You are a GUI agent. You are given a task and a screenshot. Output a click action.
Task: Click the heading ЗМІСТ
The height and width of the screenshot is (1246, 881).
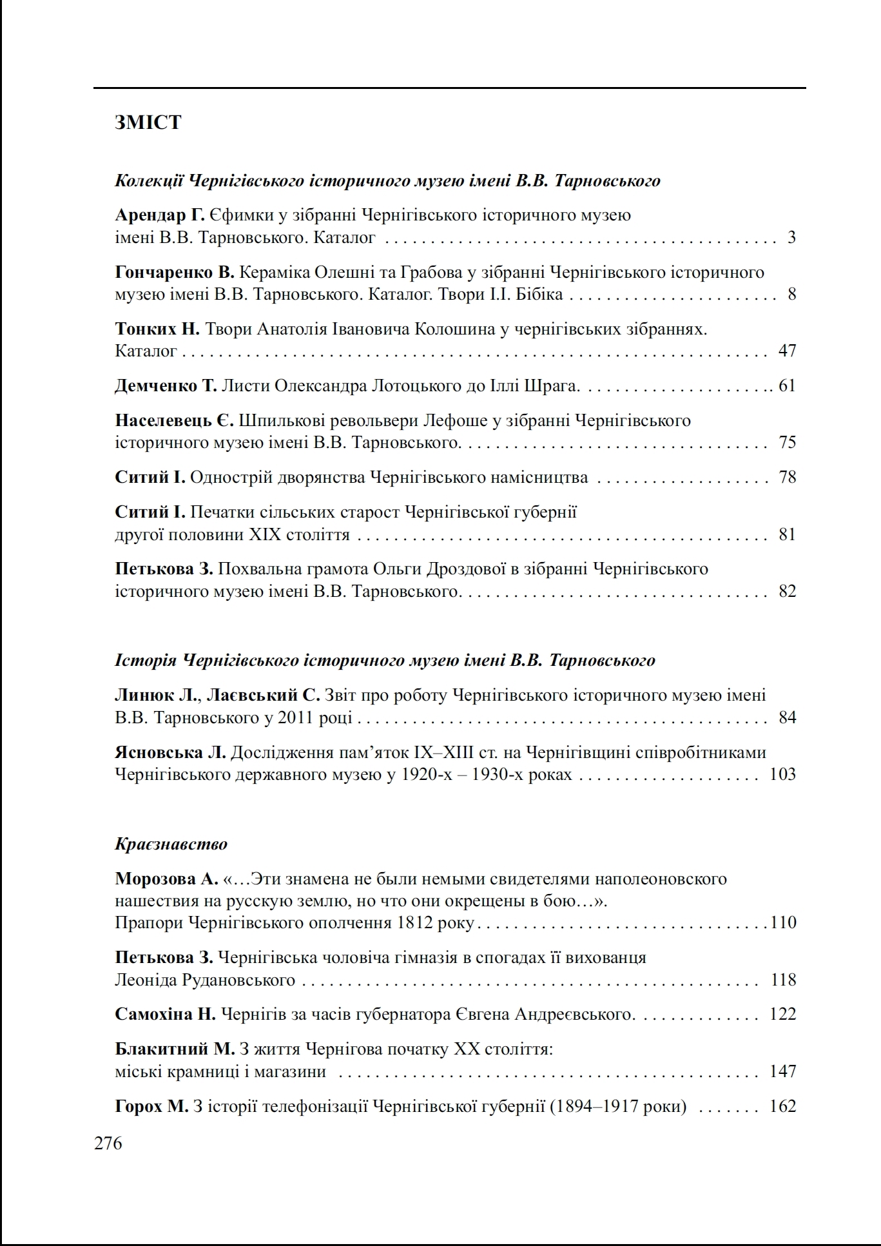(x=148, y=122)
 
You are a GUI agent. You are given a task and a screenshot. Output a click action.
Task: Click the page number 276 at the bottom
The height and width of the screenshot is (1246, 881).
(x=108, y=1144)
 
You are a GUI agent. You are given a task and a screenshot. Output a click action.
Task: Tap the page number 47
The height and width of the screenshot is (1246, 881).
(x=788, y=351)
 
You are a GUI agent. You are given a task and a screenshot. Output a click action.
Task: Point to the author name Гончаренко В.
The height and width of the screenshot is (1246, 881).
(x=175, y=273)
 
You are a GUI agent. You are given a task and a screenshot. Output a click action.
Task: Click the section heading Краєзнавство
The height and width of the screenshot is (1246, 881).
(x=171, y=844)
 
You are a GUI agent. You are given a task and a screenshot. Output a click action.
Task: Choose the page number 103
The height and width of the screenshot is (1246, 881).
(x=783, y=774)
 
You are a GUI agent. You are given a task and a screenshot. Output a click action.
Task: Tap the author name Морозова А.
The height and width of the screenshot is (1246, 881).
(x=166, y=879)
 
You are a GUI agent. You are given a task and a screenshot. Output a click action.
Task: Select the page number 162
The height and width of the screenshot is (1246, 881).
(x=783, y=1107)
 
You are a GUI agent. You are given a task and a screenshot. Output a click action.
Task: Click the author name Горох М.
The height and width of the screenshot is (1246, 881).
(x=151, y=1107)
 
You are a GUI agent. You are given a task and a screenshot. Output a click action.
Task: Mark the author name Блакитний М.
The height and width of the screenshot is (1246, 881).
(x=175, y=1049)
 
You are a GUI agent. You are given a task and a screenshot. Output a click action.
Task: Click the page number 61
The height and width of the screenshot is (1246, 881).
(x=788, y=386)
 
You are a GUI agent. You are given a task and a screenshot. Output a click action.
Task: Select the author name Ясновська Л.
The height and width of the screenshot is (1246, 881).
(x=171, y=752)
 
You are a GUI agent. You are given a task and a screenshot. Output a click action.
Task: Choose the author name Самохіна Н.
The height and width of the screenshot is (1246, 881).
(x=166, y=1015)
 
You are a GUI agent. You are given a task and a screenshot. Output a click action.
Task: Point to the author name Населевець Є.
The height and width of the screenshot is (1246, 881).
(x=174, y=421)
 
